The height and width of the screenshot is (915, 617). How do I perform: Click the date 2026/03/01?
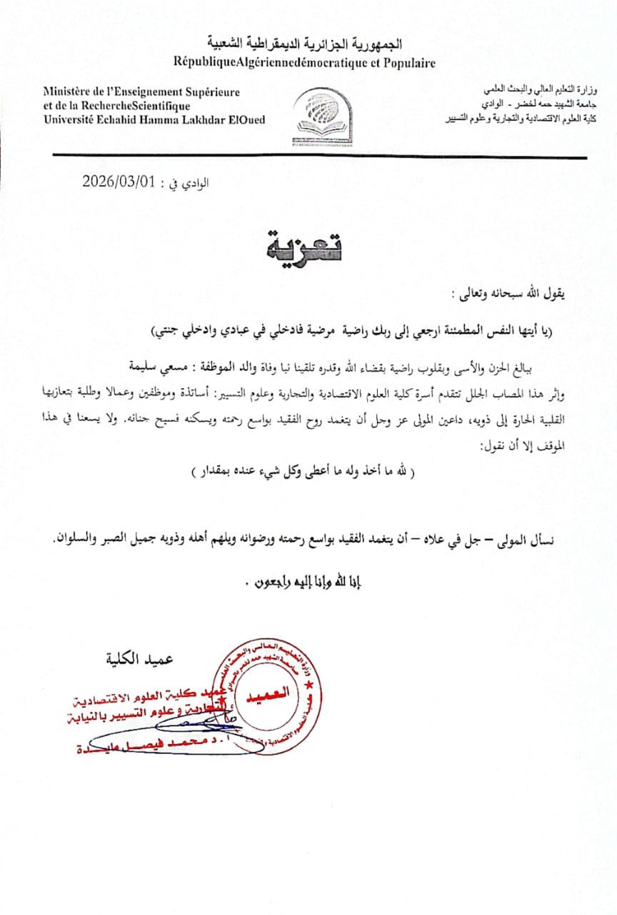click(119, 181)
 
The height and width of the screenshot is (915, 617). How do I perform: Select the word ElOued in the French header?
click(245, 119)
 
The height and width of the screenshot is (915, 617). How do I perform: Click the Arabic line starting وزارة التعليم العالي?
click(543, 91)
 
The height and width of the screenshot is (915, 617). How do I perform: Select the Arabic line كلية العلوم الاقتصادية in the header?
click(523, 118)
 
